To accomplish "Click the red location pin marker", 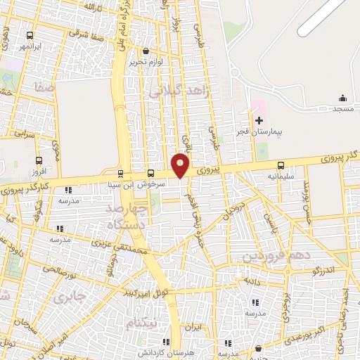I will (181, 165).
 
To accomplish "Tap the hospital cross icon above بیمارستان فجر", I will (259, 120).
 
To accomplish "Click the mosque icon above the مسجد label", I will (342, 98).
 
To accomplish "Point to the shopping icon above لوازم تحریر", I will (146, 51).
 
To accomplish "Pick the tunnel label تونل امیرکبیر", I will (144, 291).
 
